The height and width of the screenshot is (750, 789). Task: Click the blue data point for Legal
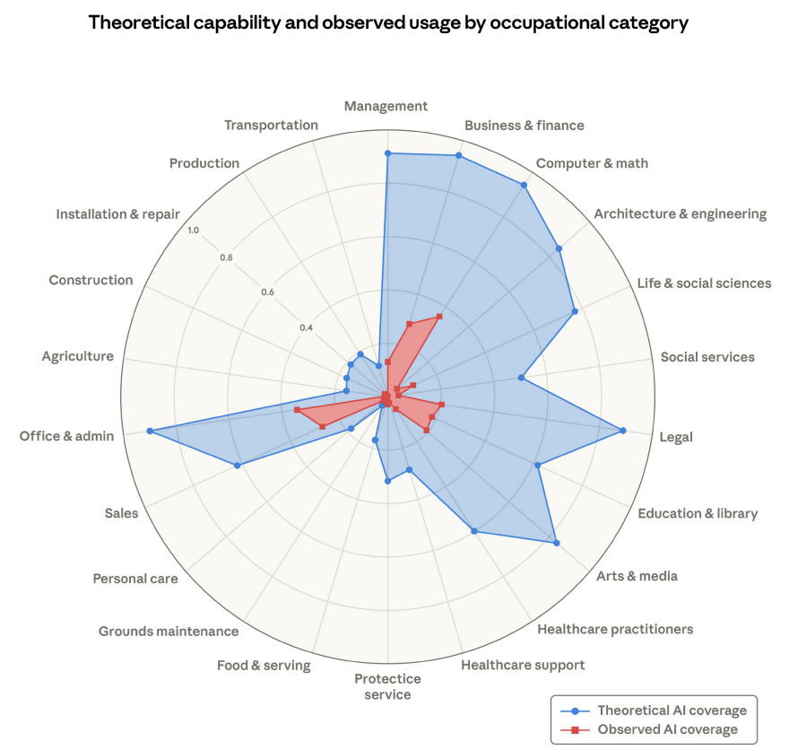click(622, 431)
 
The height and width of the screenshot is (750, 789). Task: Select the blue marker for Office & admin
click(150, 431)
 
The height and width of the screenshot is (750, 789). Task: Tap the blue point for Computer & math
click(524, 185)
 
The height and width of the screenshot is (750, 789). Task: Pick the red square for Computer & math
click(439, 317)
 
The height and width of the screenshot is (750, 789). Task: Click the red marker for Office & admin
click(297, 410)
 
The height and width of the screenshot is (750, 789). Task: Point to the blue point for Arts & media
click(557, 543)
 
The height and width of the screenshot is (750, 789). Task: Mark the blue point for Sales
click(238, 466)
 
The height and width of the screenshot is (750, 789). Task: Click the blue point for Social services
click(521, 378)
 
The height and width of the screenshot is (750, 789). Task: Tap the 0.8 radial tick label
click(227, 257)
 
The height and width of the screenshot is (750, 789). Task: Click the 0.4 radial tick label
click(306, 327)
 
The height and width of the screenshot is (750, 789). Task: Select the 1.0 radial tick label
click(194, 230)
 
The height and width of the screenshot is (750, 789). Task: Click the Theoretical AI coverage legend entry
click(655, 711)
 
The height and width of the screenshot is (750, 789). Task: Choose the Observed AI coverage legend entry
click(650, 729)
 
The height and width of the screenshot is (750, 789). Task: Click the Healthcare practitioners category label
click(615, 629)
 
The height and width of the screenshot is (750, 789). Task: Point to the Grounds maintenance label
click(169, 632)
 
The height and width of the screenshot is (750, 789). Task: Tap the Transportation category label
click(271, 125)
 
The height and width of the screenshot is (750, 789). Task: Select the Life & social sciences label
click(704, 283)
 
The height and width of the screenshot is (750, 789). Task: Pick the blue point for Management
click(387, 153)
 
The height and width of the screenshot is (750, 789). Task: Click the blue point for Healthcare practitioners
click(473, 530)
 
